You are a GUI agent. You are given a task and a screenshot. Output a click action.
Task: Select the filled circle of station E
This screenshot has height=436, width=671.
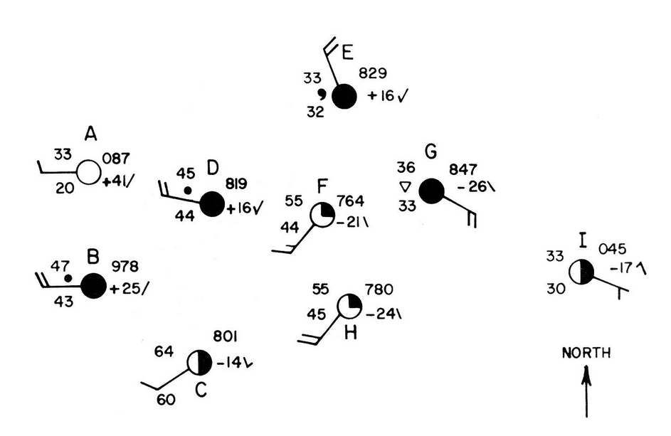click(344, 97)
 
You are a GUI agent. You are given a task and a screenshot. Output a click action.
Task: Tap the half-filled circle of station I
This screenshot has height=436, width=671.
click(581, 271)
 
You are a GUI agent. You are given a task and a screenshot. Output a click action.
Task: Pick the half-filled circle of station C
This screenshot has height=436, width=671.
click(200, 363)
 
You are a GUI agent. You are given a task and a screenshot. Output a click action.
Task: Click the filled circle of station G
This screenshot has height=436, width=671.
click(431, 191)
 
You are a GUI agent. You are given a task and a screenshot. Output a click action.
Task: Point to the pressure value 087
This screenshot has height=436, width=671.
click(115, 159)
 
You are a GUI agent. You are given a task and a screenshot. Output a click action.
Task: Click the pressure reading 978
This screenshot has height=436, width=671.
click(125, 267)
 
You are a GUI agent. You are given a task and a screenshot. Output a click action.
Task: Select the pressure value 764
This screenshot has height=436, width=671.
click(351, 201)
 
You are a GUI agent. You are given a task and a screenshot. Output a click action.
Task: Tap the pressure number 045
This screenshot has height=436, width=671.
click(613, 249)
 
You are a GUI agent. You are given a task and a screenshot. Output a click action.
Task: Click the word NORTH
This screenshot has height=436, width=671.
click(586, 353)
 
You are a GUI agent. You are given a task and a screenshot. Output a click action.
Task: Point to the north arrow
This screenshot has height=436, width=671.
click(587, 391)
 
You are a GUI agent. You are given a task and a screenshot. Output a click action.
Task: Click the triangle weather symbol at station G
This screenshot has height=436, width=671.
click(405, 187)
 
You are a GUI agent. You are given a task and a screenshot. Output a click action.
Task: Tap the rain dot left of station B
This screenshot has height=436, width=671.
click(68, 278)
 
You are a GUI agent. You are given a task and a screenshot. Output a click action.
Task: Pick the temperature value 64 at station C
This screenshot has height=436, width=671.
click(164, 351)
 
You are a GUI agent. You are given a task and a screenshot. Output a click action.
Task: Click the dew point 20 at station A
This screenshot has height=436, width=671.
click(65, 188)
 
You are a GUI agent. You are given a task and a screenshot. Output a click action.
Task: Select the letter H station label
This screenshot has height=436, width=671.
click(351, 332)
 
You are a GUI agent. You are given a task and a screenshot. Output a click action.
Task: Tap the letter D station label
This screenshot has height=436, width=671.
click(213, 168)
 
